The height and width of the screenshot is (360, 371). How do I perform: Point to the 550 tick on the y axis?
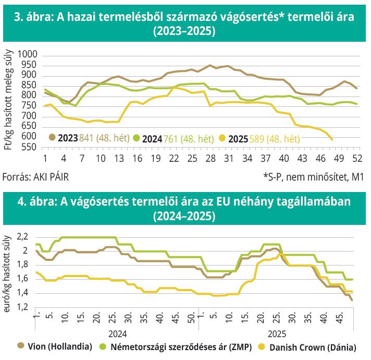pos(30,148)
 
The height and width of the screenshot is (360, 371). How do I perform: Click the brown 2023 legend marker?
pos(52,138)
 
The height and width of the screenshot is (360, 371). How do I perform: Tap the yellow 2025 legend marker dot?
pos(222,138)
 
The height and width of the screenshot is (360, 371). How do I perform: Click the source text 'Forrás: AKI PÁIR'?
pos(35,177)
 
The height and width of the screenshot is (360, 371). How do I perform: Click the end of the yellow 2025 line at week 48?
pos(332,139)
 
